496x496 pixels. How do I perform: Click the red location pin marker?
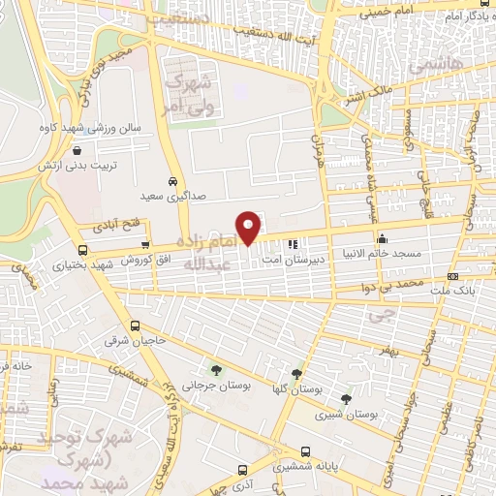249,228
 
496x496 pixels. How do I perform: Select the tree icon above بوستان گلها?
296,374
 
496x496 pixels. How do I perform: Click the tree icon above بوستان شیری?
346,399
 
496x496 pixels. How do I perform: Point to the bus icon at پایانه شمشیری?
306,451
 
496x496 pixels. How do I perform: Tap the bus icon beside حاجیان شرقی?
136,326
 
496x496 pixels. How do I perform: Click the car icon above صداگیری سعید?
171,181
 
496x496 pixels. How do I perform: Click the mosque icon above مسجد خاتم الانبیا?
383,238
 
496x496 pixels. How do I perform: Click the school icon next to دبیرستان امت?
294,242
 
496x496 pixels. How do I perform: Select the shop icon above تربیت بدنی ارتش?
90,151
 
